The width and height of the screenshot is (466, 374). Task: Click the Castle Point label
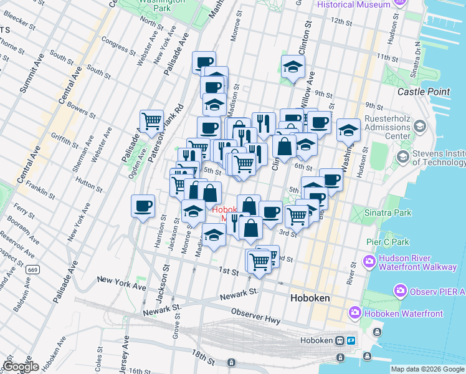tap(424, 92)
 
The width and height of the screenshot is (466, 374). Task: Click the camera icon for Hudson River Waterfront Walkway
tap(370, 260)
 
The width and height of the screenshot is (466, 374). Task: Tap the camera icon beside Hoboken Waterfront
tap(354, 311)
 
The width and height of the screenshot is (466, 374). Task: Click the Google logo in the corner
tap(20, 367)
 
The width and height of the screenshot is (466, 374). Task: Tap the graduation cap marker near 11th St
tap(292, 66)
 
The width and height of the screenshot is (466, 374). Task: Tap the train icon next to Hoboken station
tap(340, 340)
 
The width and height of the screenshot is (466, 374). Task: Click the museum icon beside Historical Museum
tap(399, 4)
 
